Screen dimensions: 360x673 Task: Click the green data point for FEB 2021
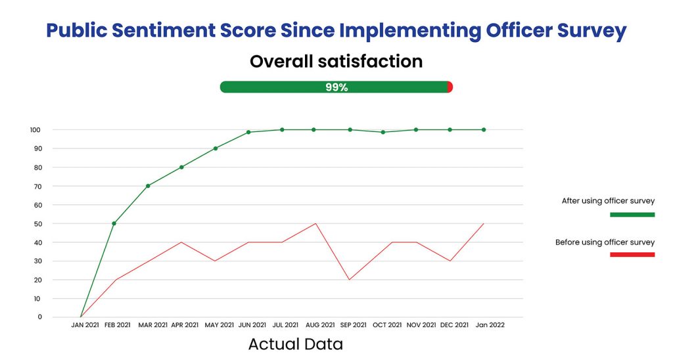click(114, 223)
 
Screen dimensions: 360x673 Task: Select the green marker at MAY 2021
click(216, 148)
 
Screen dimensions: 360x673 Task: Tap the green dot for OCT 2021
click(383, 132)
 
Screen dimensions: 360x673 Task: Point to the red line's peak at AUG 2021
click(316, 223)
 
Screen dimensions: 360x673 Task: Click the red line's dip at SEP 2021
click(350, 280)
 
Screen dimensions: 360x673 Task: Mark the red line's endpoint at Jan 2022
click(484, 223)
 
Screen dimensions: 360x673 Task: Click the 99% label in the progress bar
click(336, 87)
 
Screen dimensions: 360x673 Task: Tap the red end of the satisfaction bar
click(450, 87)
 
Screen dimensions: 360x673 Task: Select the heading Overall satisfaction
click(336, 62)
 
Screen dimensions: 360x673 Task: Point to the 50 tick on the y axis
click(38, 223)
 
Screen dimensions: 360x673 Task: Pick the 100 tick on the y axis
click(36, 130)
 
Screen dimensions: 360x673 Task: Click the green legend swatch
click(632, 215)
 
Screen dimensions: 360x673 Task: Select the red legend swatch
click(632, 255)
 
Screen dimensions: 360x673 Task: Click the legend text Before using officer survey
click(605, 242)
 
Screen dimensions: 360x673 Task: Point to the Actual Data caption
click(295, 344)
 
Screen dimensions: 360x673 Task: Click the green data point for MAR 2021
click(148, 186)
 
